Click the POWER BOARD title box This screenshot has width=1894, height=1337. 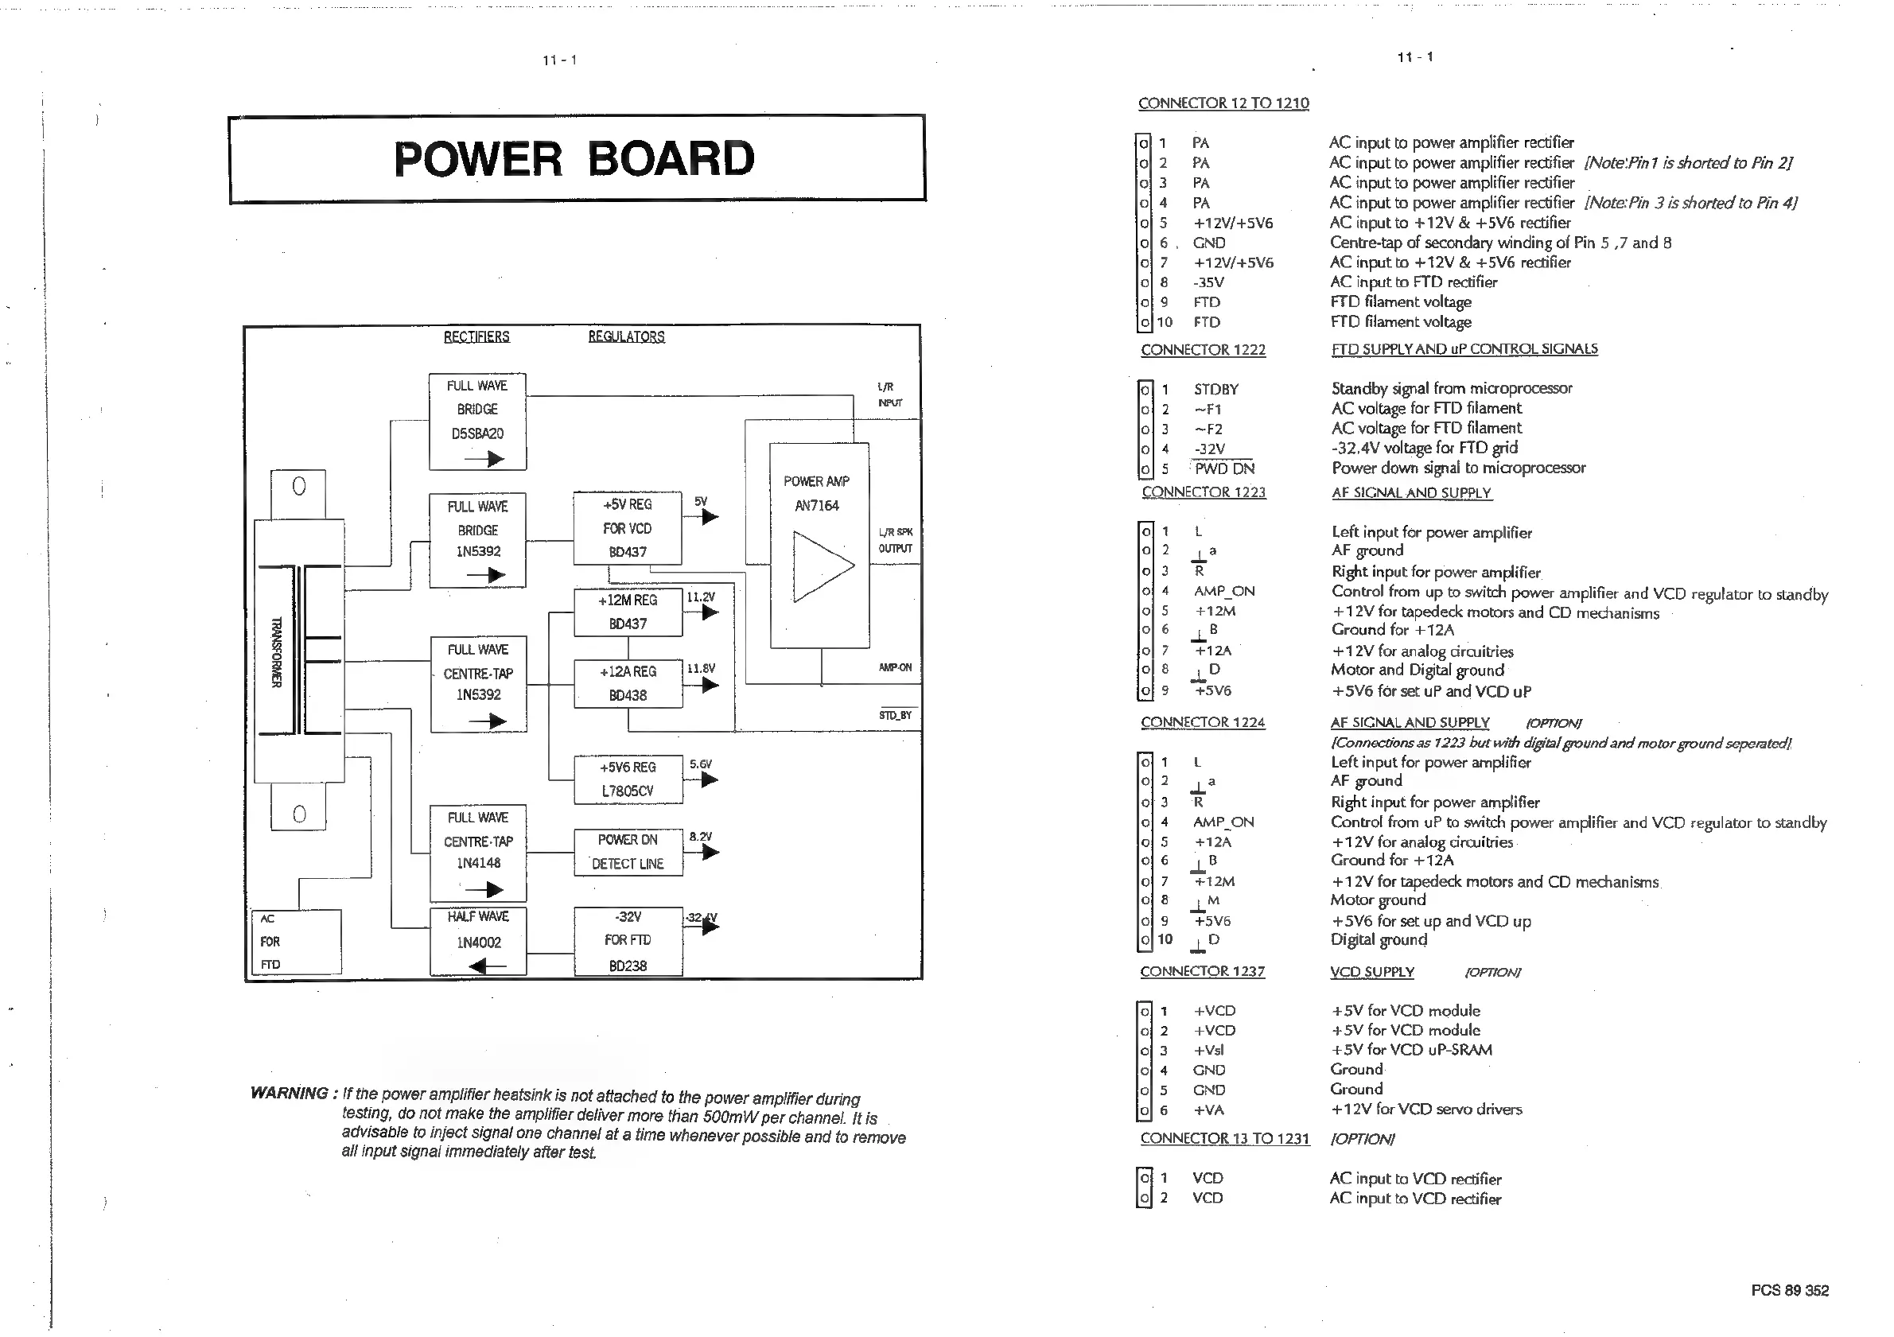click(x=577, y=158)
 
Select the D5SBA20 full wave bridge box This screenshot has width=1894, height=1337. click(x=477, y=422)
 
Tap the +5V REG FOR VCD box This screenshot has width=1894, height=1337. click(x=628, y=528)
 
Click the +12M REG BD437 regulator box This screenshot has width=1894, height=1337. click(x=628, y=612)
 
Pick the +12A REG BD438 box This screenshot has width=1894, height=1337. click(x=628, y=684)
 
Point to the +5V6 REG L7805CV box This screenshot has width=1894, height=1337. click(x=628, y=779)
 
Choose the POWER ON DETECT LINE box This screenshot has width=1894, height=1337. click(x=628, y=852)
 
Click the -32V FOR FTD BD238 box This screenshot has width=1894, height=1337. click(x=628, y=941)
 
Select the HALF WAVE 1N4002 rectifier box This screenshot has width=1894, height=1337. click(x=478, y=941)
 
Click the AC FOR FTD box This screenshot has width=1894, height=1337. click(x=296, y=942)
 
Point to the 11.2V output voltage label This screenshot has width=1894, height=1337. click(x=700, y=597)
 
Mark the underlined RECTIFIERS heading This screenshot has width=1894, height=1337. click(x=476, y=336)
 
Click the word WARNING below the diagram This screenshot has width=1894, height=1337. click(x=290, y=1093)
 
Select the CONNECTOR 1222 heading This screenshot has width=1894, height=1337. click(x=1203, y=350)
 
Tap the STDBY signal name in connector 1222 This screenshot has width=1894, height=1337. click(x=1216, y=389)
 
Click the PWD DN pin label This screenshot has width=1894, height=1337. click(x=1224, y=468)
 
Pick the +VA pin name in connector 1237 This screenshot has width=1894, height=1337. click(x=1208, y=1110)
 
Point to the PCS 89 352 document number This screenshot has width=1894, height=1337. click(x=1789, y=1290)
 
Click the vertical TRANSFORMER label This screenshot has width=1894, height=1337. click(x=276, y=651)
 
